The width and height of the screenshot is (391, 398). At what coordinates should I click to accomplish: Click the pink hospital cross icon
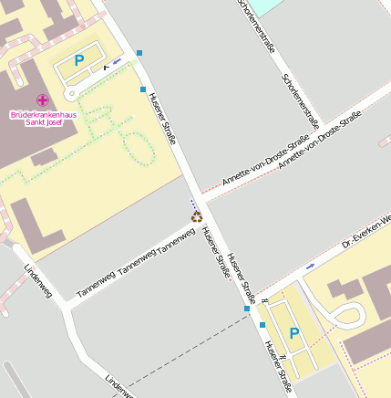(x=42, y=99)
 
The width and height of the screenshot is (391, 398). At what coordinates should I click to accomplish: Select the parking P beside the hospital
(x=79, y=60)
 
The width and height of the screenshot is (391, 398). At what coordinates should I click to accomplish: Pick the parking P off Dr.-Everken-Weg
(x=293, y=333)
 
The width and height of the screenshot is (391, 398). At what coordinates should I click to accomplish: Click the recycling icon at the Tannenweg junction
(x=196, y=216)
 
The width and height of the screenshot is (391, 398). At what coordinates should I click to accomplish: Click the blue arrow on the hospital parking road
(x=118, y=61)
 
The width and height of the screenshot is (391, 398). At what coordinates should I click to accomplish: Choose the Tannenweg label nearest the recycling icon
(x=177, y=242)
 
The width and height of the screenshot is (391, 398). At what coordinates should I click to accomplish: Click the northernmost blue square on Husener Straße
(x=139, y=53)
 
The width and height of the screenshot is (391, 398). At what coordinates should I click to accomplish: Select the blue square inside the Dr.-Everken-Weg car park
(x=262, y=324)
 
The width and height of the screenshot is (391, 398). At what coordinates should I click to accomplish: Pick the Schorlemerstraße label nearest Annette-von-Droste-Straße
(x=302, y=99)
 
